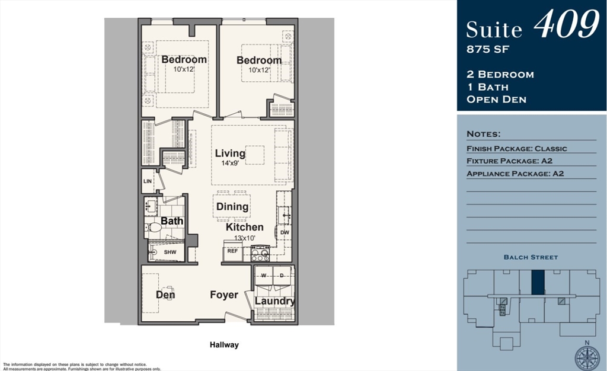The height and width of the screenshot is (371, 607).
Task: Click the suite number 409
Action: [x=566, y=25]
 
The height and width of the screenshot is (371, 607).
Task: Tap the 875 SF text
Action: [x=488, y=49]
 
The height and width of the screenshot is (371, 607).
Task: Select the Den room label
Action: [x=165, y=295]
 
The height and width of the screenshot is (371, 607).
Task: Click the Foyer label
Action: [x=224, y=295]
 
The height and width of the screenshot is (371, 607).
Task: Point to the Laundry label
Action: [x=274, y=301]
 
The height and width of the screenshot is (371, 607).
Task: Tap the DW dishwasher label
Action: [x=285, y=232]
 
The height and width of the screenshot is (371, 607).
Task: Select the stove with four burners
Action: [x=261, y=254]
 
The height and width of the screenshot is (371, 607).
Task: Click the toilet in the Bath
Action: [x=155, y=227]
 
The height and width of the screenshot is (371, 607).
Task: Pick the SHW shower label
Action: [x=170, y=252]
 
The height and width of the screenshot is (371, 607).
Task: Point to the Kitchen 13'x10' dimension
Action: [x=244, y=238]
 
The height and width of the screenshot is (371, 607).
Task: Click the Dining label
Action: [x=232, y=207]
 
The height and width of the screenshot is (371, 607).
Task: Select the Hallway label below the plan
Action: [x=224, y=344]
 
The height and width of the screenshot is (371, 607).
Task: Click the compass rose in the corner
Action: [x=587, y=357]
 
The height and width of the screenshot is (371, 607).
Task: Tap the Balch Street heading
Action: [x=531, y=257]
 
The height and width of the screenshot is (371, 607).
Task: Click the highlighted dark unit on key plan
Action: [x=537, y=282]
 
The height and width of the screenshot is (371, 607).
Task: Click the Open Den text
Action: [x=496, y=99]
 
